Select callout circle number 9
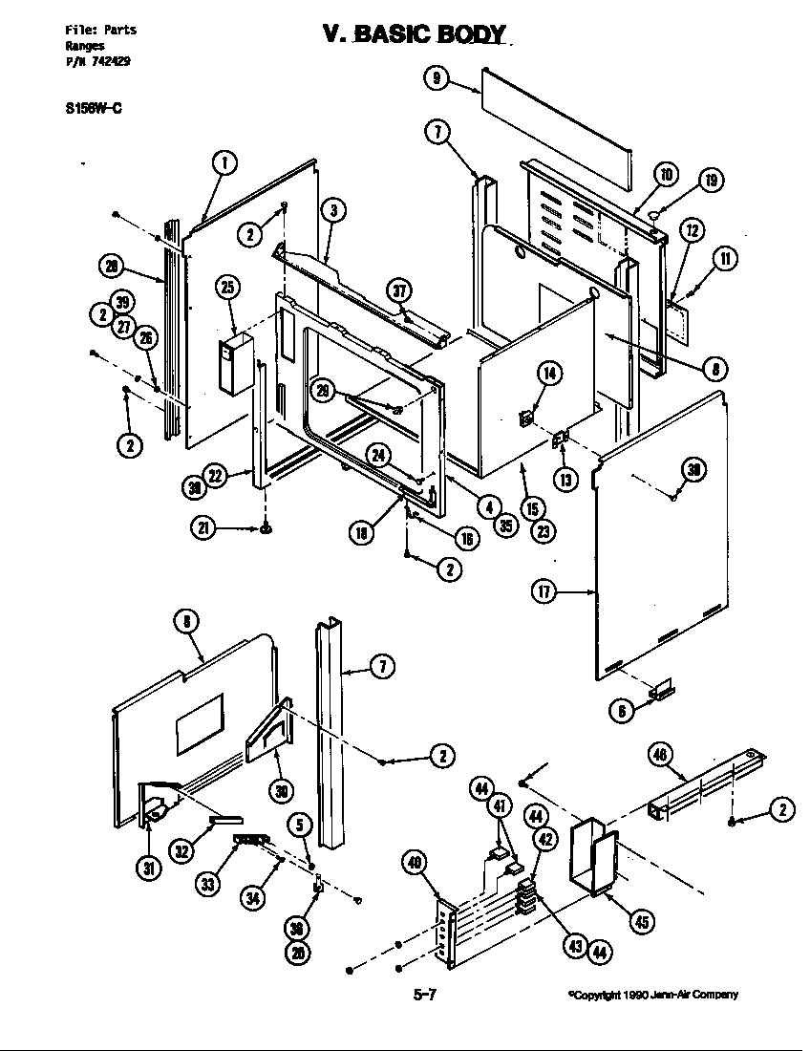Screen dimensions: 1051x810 [x=436, y=78]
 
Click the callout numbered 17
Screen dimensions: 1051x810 [x=544, y=592]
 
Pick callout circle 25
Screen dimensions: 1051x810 [x=227, y=287]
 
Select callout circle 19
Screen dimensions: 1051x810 [x=710, y=180]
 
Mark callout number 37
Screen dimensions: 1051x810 [x=399, y=291]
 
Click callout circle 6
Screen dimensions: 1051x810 [x=622, y=709]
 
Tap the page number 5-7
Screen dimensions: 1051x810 [x=425, y=995]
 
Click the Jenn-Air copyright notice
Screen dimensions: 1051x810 [x=653, y=995]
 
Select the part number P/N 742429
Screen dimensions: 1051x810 [x=98, y=60]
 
